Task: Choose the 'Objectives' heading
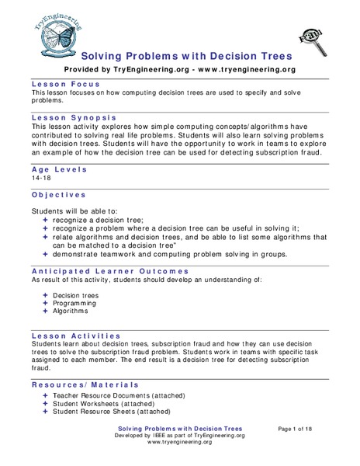(x=58, y=194)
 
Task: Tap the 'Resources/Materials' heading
(x=85, y=384)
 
